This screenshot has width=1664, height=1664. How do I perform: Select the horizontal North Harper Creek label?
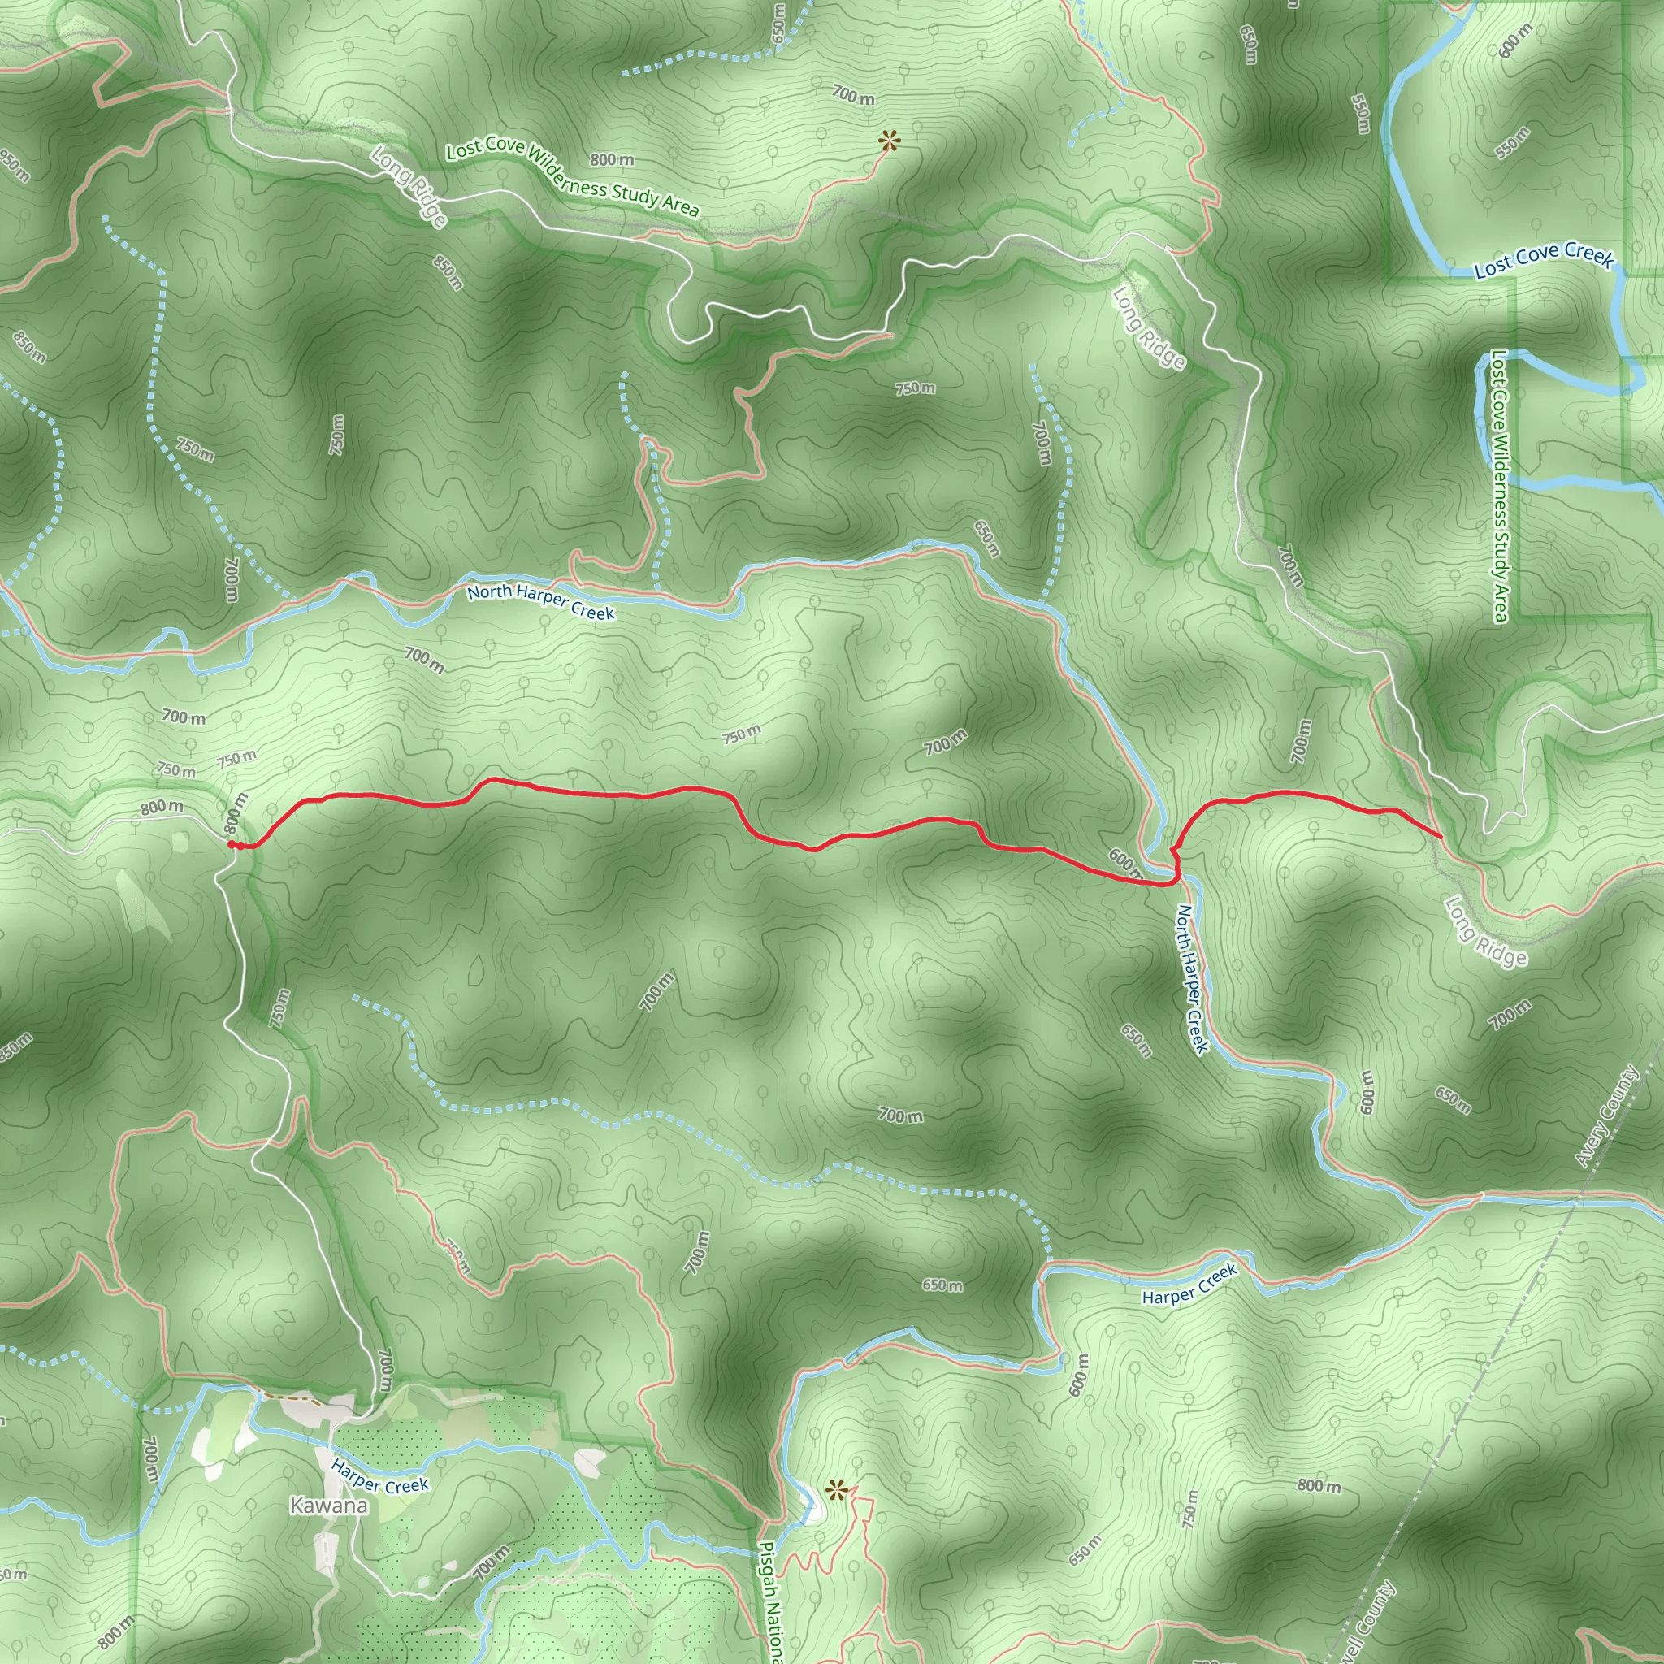[541, 601]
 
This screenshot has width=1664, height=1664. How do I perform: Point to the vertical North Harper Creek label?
[1193, 978]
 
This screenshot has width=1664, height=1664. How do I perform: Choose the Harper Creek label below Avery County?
[1189, 1285]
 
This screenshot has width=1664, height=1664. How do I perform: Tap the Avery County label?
[1606, 1116]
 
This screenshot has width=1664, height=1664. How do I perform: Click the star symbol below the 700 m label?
[889, 141]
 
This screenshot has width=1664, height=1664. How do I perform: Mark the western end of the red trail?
[232, 845]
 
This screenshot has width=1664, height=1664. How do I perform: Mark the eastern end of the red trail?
[1442, 836]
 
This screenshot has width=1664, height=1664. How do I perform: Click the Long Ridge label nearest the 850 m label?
[409, 186]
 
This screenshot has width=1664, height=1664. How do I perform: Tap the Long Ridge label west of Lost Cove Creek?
[1148, 327]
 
